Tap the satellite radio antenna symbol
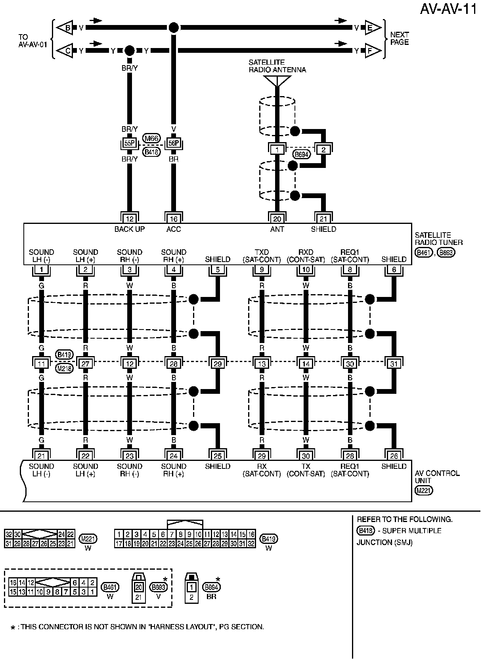(277, 81)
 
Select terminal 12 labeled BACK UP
(130, 218)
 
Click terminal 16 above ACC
(174, 218)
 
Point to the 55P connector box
(130, 143)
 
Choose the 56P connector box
(174, 143)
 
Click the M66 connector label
(151, 138)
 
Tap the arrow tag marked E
(370, 28)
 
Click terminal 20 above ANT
(277, 218)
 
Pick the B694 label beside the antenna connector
(301, 154)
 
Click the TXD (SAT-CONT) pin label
(262, 256)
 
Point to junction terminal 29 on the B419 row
(218, 363)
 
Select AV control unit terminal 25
(218, 455)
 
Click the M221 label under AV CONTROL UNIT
(424, 491)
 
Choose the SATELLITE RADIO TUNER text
(438, 239)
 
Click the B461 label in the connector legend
(110, 587)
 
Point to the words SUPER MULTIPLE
(411, 531)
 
